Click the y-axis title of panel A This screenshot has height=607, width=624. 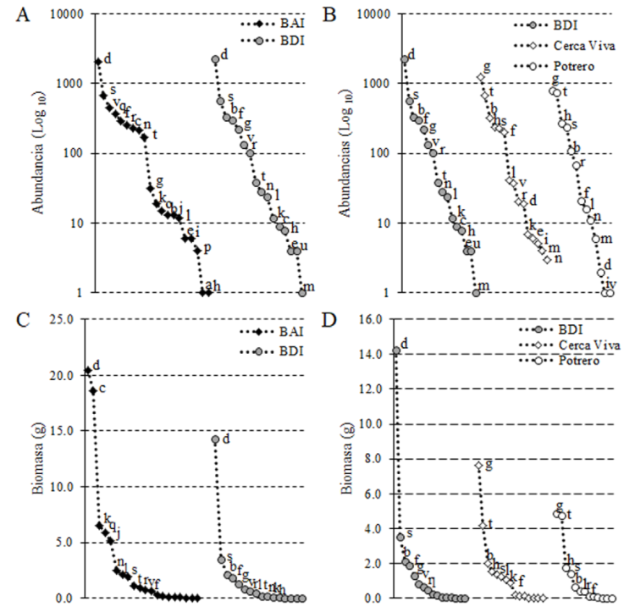[38, 152]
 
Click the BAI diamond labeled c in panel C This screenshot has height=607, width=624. [93, 390]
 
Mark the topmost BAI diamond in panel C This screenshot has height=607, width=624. [88, 371]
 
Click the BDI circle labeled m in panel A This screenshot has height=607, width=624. [302, 292]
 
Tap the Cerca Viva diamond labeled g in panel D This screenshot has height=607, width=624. [478, 466]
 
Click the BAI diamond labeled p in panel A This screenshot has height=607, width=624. [196, 250]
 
